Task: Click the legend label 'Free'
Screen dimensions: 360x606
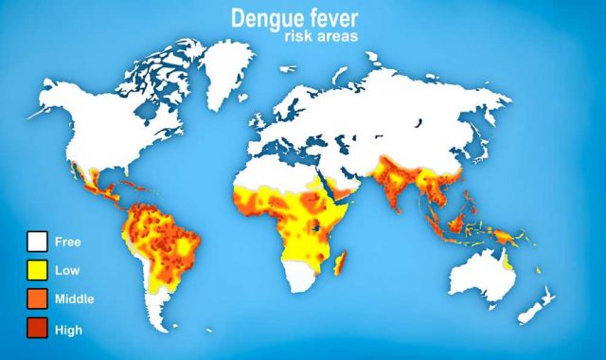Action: click(x=67, y=242)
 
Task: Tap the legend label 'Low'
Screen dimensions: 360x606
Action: click(x=66, y=271)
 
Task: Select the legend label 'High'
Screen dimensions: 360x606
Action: click(x=68, y=330)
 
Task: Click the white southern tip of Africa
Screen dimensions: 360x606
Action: click(x=304, y=280)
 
